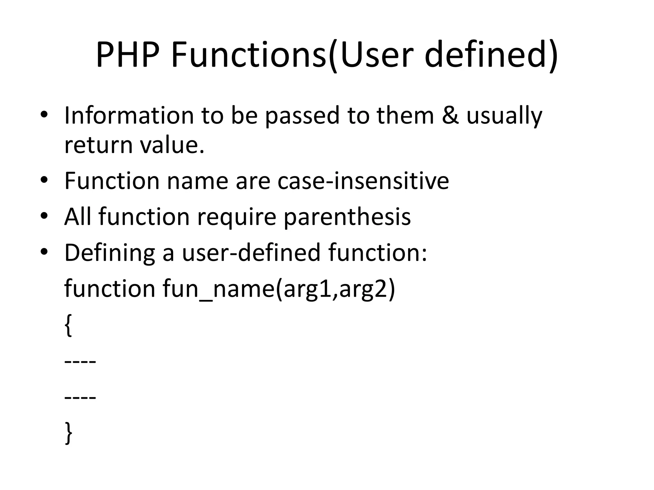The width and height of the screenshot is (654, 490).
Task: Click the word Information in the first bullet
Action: (129, 115)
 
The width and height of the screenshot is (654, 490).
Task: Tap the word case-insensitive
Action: (363, 181)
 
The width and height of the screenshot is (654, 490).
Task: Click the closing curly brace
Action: (68, 433)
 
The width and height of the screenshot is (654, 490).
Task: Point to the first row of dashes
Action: (80, 362)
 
